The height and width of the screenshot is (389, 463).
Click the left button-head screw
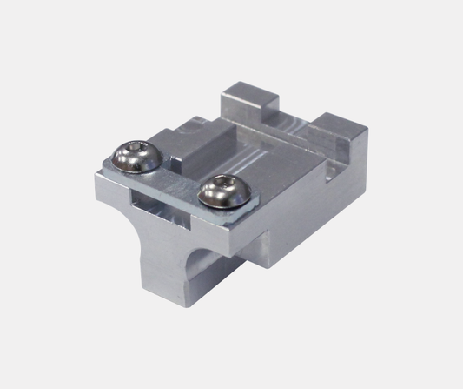click(x=136, y=156)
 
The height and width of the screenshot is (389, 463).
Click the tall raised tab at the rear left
click(x=250, y=101)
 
